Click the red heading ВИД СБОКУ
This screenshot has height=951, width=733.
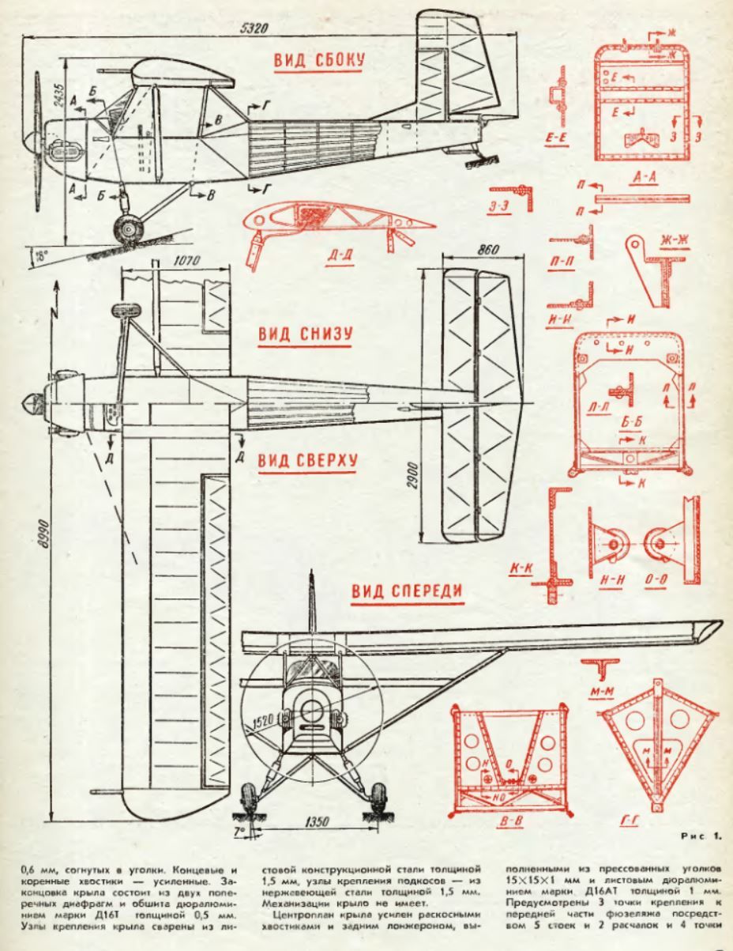318,62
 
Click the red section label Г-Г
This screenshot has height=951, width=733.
630,823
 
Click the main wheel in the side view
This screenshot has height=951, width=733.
126,230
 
